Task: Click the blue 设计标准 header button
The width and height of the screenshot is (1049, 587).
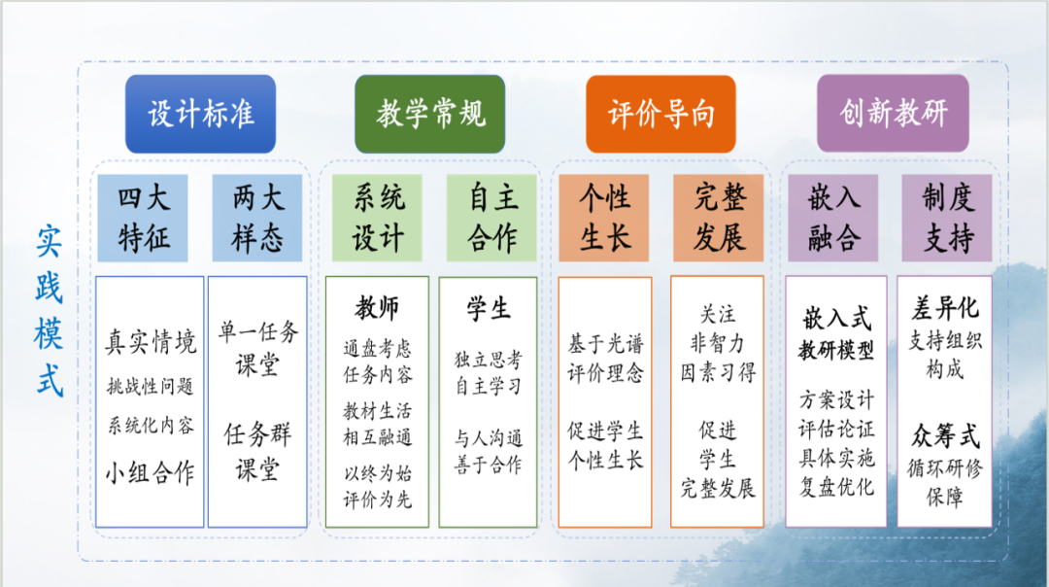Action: (200, 114)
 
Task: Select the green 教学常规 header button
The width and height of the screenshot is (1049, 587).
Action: (429, 114)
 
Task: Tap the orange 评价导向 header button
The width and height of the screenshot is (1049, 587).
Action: (661, 114)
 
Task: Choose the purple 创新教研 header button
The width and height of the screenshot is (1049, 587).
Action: (894, 113)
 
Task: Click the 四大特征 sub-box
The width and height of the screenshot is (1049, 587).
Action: (143, 219)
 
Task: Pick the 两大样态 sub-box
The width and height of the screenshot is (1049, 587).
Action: (257, 219)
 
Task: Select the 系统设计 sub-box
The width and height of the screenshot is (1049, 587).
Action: (377, 219)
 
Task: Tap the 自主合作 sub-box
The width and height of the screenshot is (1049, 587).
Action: (491, 219)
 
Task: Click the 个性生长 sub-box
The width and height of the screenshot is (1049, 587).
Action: (604, 219)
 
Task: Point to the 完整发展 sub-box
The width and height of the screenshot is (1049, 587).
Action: (719, 219)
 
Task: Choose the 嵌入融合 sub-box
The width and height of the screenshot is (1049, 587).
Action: (833, 219)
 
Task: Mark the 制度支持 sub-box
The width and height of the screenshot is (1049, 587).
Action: (947, 219)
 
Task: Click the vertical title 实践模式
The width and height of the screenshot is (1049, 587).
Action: (49, 312)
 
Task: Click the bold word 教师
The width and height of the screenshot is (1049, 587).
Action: (377, 308)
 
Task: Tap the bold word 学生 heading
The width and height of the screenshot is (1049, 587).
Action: (489, 308)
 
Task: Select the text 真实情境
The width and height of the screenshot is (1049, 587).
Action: (151, 341)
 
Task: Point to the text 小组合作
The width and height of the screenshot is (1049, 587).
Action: (151, 472)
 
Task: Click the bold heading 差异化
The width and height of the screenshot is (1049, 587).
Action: (945, 308)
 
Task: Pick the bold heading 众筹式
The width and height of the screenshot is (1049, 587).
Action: (945, 436)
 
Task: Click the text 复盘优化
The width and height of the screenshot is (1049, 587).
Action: (836, 486)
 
